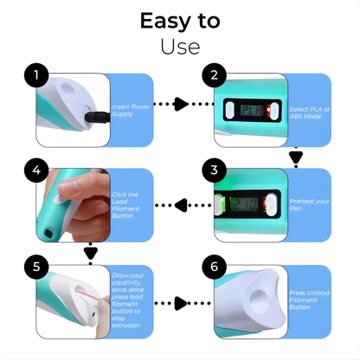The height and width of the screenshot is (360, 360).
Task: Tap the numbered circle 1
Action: pos(35,76)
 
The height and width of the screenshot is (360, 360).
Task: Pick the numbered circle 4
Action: pos(35,170)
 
